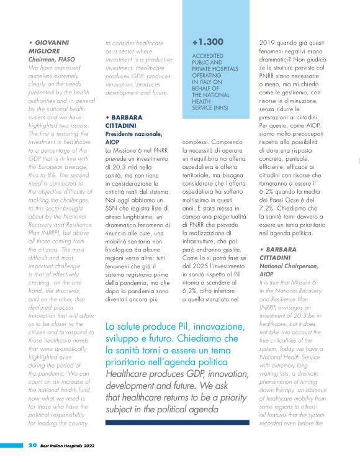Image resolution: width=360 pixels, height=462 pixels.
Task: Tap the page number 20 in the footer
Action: coord(32,445)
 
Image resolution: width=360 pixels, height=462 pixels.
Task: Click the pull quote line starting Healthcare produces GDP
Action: coord(176,372)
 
